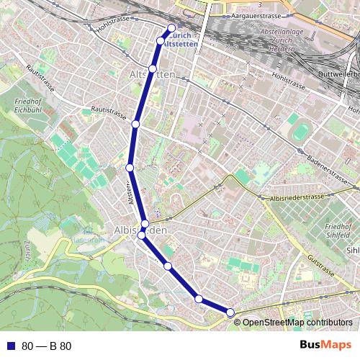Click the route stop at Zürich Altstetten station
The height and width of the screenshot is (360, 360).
point(171,29)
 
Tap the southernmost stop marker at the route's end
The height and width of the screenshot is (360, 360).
point(230,312)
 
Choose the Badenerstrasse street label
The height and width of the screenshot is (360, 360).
point(328,165)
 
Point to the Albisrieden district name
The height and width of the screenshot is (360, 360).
point(140,230)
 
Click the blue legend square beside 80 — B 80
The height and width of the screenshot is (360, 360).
point(10,346)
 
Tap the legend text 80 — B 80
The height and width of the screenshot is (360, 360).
point(46,346)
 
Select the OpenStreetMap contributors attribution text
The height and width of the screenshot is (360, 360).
point(297,322)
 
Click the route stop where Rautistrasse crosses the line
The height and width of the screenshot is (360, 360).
point(135,125)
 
